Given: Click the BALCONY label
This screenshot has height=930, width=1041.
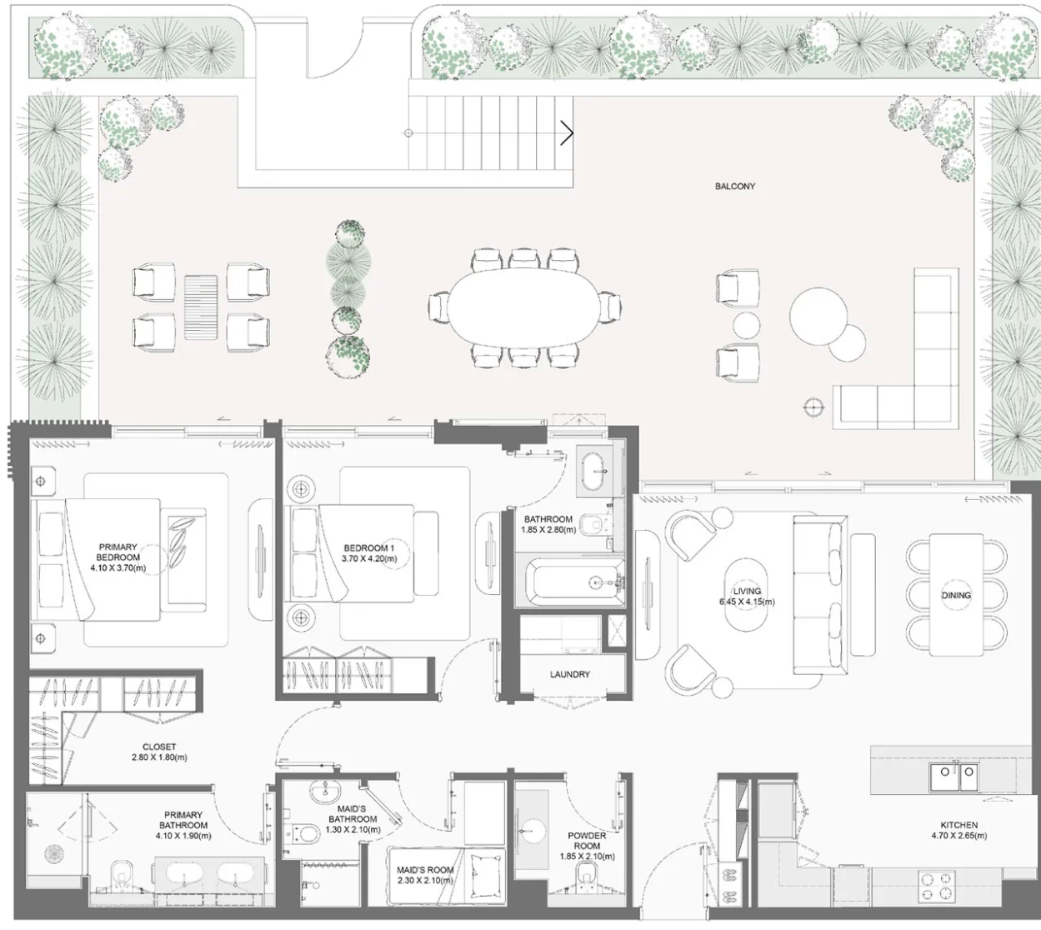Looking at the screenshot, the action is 735,187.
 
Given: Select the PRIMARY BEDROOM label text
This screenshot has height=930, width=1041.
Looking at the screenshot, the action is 118,552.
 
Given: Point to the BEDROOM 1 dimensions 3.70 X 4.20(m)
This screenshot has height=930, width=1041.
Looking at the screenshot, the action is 369,558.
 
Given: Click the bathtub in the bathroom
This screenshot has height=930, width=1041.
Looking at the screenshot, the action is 575,583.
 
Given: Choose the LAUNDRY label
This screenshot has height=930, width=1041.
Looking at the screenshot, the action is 570,674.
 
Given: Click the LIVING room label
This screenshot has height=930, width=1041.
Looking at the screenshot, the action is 747,592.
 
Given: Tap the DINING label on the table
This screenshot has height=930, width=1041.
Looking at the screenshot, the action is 956,596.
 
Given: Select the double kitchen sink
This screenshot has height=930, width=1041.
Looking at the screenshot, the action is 953,777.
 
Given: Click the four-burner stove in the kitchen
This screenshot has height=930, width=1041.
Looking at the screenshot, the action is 937,886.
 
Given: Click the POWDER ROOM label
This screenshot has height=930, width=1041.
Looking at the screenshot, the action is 587,841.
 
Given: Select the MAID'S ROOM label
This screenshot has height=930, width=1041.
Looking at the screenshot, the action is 425,870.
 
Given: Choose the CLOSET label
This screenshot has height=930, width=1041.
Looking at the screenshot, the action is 159,747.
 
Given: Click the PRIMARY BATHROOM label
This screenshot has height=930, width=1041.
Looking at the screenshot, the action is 183,820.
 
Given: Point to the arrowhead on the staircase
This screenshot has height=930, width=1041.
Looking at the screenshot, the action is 568,133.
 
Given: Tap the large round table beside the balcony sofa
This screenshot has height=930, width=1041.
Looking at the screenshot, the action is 818,316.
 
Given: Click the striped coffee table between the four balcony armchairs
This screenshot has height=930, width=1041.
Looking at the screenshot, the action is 201,307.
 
